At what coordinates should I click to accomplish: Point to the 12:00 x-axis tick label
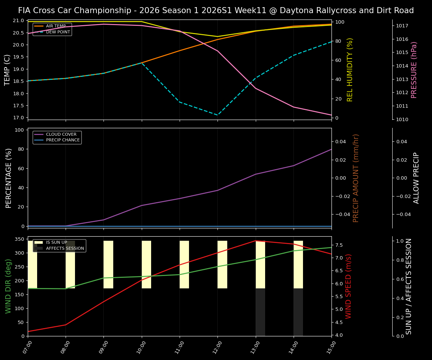[x=217, y=348]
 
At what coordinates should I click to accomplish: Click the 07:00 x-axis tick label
[x=28, y=348]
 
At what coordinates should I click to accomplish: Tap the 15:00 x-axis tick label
[x=331, y=348]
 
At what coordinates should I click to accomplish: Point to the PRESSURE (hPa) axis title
[x=414, y=70]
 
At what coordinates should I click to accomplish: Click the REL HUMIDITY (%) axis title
[x=350, y=70]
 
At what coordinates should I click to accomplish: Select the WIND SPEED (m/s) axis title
[x=349, y=286]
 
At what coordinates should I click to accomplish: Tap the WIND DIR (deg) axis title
[x=8, y=286]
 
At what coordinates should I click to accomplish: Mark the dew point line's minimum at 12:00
[x=217, y=115]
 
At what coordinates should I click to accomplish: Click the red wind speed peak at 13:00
[x=256, y=241]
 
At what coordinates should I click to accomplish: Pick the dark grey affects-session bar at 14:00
[x=298, y=312]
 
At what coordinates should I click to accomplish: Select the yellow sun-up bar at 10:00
[x=146, y=264]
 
